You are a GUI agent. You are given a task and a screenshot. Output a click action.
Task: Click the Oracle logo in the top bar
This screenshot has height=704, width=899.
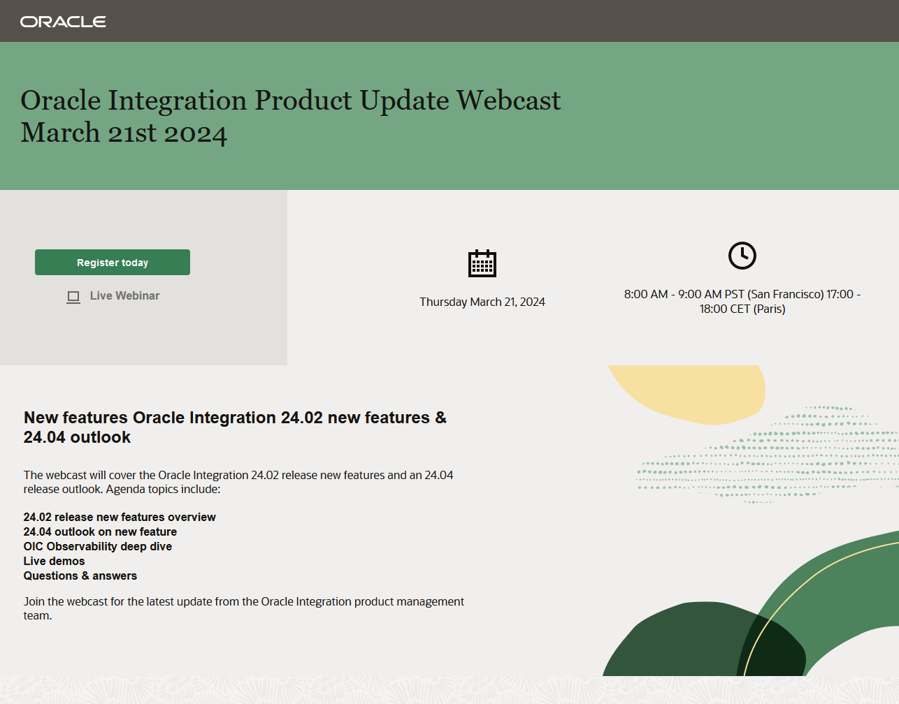click(x=63, y=22)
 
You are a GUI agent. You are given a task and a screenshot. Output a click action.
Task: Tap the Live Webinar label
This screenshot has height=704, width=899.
click(x=124, y=296)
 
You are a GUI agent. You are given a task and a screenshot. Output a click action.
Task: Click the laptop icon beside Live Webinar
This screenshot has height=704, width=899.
click(x=73, y=298)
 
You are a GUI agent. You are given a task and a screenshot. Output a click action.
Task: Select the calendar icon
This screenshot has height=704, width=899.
click(x=482, y=263)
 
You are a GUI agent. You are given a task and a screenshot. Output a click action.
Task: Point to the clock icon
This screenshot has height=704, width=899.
click(x=742, y=256)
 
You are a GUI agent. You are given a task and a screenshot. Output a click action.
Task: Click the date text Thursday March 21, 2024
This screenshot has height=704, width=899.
click(x=482, y=302)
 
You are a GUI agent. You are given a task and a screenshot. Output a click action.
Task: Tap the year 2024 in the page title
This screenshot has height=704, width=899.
click(x=195, y=133)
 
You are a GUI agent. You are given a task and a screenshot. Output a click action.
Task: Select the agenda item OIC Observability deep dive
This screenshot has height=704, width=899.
click(x=98, y=546)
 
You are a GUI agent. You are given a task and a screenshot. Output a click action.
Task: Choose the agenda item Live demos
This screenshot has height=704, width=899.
click(x=54, y=561)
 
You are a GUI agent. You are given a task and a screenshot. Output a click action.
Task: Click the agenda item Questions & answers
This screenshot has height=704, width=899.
click(x=80, y=575)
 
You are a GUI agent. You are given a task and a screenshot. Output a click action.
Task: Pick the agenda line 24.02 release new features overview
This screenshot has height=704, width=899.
click(x=120, y=517)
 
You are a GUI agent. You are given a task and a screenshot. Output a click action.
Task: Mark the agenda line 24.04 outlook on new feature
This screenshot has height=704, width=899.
click(x=100, y=531)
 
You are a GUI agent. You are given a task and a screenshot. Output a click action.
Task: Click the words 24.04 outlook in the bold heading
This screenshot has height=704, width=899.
click(x=77, y=437)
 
